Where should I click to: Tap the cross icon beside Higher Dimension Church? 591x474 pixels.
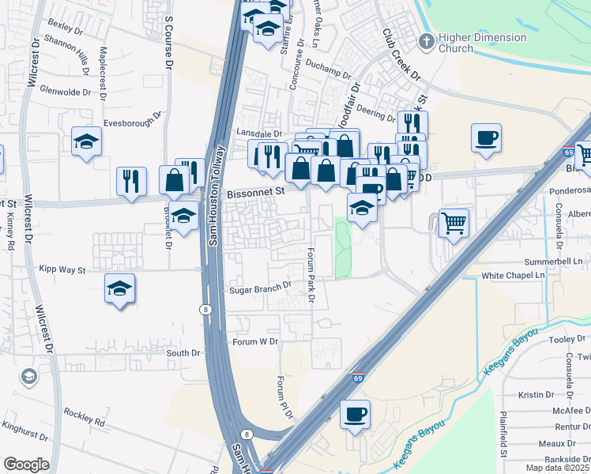tap(427, 41)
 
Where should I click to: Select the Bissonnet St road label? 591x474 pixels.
tap(254, 192)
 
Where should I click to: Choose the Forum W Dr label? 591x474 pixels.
tap(256, 342)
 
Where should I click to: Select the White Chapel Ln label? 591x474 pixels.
tap(514, 276)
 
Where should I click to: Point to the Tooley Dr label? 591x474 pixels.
tap(566, 340)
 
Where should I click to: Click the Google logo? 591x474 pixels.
tap(26, 465)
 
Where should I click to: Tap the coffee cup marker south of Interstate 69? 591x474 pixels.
tap(355, 413)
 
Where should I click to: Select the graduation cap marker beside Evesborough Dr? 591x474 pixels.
tap(86, 141)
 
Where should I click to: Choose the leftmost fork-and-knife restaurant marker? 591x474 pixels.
tap(131, 181)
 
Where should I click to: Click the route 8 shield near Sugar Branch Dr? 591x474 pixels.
tap(205, 308)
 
